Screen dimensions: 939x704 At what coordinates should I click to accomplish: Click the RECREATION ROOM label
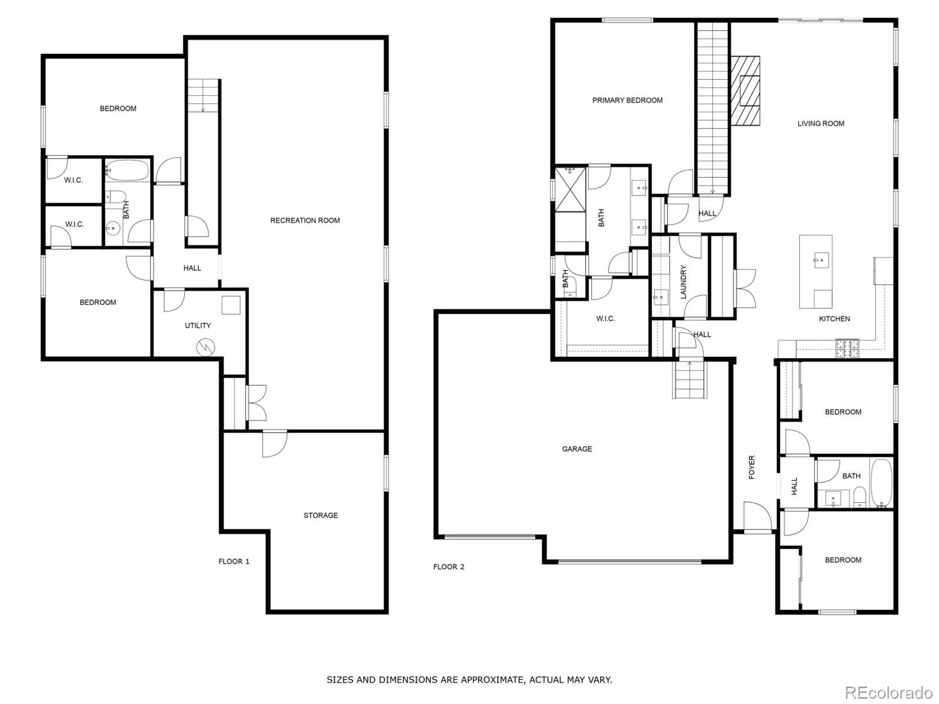point(305,220)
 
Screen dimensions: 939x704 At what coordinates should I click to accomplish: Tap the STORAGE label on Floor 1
point(320,516)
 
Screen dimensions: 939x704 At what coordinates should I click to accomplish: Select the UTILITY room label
point(198,326)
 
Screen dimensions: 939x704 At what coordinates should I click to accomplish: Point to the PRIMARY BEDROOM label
point(627,100)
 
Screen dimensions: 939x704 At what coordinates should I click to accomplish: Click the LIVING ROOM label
point(820,124)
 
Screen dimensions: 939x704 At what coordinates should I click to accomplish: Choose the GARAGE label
point(577,449)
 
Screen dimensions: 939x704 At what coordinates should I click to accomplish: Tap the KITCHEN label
point(834,319)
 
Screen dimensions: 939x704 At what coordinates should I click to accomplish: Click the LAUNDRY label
point(683,282)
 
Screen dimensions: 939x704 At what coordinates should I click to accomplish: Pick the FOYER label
point(752,467)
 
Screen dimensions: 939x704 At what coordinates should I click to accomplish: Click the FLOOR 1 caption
point(234,561)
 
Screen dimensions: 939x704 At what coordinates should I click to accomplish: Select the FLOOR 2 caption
point(448,567)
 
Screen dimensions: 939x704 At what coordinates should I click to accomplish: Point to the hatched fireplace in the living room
point(745,91)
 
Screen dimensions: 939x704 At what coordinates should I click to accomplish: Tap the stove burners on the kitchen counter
point(847,348)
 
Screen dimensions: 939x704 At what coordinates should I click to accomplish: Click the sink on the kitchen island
point(818,260)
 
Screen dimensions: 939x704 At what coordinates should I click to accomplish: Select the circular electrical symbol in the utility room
point(206,347)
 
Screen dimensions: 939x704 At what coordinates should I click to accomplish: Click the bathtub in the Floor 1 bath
point(127,170)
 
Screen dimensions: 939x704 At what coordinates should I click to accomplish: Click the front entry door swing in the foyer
point(758,517)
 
